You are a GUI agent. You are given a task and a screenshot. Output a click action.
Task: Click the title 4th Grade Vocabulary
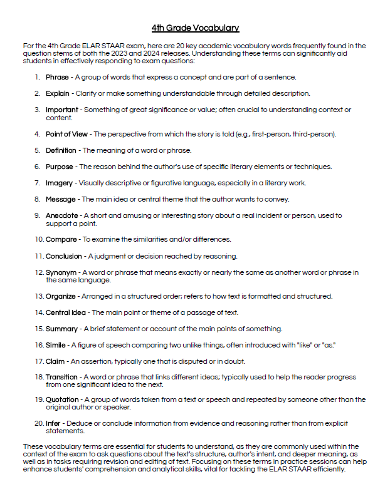[195, 28]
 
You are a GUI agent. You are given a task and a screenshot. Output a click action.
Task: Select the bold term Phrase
[58, 77]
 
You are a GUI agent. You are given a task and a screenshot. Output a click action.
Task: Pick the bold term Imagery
[60, 183]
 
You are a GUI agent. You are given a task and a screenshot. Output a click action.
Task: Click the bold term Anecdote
[62, 215]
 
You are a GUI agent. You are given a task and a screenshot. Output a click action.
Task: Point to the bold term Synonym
[61, 272]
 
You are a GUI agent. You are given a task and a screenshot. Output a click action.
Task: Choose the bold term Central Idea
[66, 312]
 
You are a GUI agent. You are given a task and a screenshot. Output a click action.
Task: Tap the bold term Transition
[61, 378]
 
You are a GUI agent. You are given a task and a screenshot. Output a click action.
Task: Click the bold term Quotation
[62, 399]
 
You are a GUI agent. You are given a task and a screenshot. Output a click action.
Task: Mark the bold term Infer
[53, 423]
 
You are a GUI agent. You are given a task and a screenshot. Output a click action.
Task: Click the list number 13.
[39, 296]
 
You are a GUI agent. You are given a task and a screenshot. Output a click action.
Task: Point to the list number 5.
[38, 150]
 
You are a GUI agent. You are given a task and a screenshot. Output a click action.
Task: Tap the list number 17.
[39, 361]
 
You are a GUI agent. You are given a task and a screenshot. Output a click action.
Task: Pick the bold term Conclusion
[63, 256]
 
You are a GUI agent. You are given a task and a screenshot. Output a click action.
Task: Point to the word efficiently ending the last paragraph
[325, 469]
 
